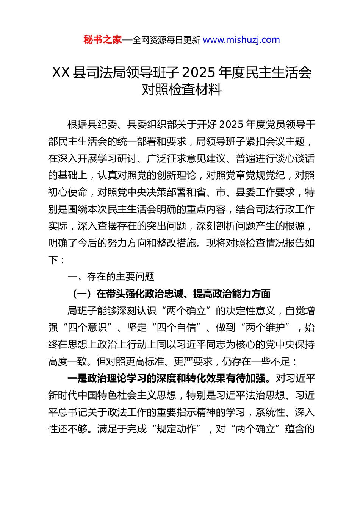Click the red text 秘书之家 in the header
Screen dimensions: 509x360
click(x=102, y=40)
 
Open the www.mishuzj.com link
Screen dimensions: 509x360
click(x=241, y=40)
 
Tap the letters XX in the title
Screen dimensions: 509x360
click(x=61, y=72)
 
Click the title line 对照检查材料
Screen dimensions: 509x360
click(x=182, y=90)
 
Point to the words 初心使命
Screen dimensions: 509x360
click(x=68, y=192)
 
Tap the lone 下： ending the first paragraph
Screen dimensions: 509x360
click(x=56, y=260)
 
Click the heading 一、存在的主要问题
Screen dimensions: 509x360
click(x=111, y=277)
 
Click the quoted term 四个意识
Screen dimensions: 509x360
click(x=88, y=328)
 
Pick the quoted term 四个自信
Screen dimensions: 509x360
click(x=176, y=328)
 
